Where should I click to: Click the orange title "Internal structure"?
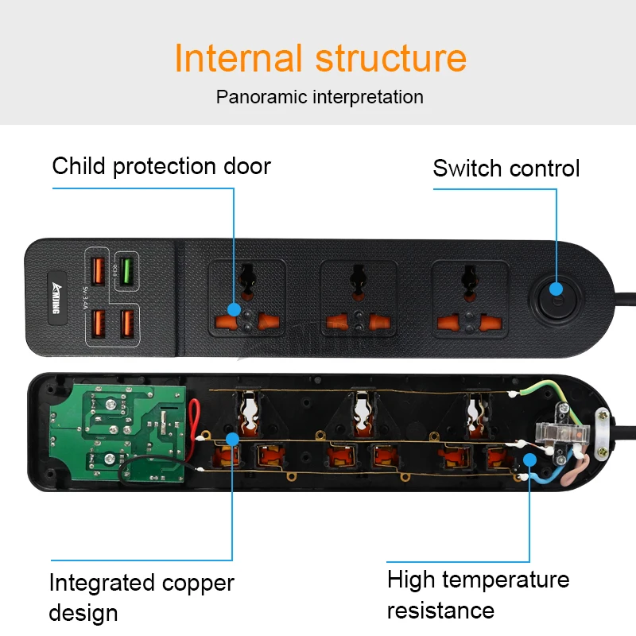pos(320,59)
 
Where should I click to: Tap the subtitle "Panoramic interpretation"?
pos(320,97)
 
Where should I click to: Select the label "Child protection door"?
pos(161,166)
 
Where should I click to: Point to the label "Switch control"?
pos(506,169)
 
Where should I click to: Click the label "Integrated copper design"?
pos(142,597)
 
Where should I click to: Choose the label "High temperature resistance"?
pos(478,595)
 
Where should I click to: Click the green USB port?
pos(126,266)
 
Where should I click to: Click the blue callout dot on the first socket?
pos(233,308)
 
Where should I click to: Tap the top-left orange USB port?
pos(99,270)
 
